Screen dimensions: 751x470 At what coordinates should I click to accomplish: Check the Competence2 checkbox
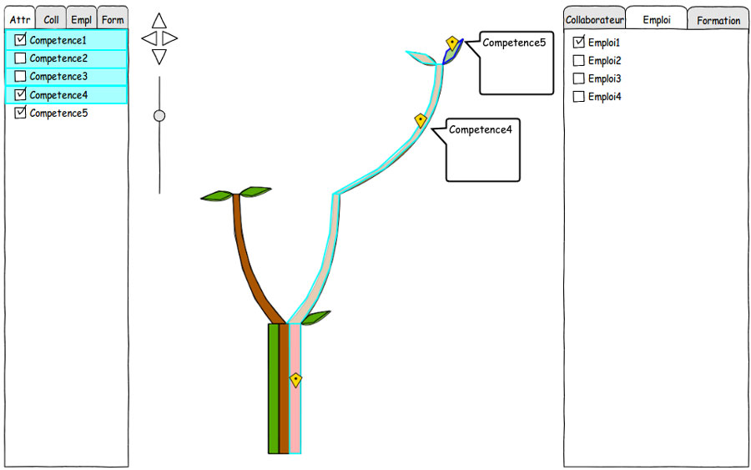(20, 58)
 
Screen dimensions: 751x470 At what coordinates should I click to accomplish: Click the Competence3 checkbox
(20, 76)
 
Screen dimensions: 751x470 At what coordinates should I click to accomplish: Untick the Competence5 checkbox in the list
(20, 113)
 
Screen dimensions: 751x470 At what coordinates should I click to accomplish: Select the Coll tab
(51, 20)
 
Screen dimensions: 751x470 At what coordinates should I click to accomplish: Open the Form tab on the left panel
(113, 20)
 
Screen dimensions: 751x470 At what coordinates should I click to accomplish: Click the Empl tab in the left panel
(82, 20)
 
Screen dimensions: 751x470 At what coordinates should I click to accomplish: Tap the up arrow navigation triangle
(159, 21)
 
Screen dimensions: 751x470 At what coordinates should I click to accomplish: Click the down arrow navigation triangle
(159, 56)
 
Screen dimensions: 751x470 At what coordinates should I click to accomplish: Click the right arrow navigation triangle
(169, 38)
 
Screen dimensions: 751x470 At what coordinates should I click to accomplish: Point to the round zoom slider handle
(159, 115)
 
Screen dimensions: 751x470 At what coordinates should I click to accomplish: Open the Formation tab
(718, 20)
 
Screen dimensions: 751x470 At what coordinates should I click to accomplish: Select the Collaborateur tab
(594, 20)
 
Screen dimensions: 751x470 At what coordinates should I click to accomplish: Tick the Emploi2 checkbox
(578, 60)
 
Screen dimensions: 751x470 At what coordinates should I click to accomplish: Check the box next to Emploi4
(578, 96)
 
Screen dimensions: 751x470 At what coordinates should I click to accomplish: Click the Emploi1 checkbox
(578, 43)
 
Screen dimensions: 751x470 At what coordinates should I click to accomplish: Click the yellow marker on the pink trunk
(296, 380)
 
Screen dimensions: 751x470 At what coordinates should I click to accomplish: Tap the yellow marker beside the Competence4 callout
(421, 120)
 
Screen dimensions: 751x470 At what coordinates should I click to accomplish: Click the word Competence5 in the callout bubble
(514, 43)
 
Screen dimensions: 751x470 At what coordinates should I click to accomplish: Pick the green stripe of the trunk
(274, 388)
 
